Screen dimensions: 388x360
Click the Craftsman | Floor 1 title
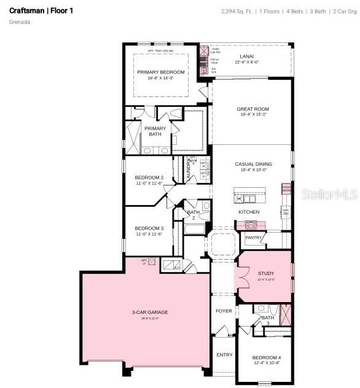point(41,10)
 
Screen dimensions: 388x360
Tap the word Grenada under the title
point(20,22)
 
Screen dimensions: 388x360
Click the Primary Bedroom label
point(160,72)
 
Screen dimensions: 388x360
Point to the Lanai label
point(246,56)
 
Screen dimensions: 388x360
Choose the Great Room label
point(252,109)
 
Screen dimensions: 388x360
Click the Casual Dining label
point(253,164)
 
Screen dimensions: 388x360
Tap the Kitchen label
point(249,212)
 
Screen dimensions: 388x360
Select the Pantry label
point(254,237)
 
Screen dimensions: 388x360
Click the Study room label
point(266,273)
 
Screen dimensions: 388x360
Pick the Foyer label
point(224,311)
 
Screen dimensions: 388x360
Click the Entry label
point(224,354)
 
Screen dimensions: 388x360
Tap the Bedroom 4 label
point(266,357)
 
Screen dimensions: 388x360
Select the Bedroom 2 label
point(149,177)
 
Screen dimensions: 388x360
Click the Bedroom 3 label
point(149,228)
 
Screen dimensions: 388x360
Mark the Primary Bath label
point(155,131)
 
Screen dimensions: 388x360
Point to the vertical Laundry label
point(189,170)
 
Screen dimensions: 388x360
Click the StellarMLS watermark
point(331,193)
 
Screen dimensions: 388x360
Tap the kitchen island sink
point(248,198)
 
